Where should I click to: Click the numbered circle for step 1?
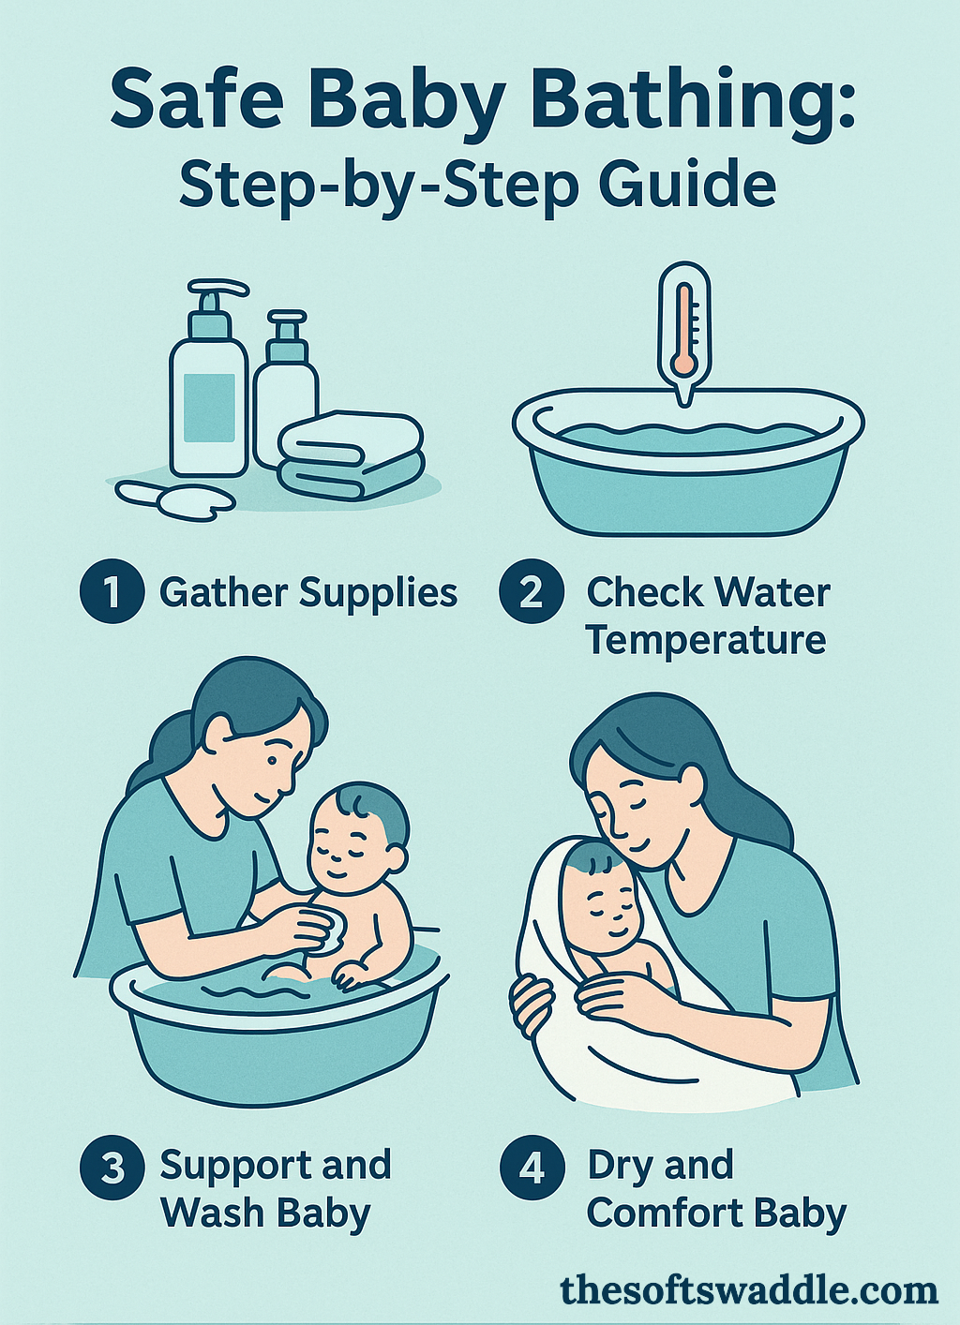[x=112, y=592]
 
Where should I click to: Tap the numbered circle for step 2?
[x=531, y=592]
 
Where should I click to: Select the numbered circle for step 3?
[x=112, y=1167]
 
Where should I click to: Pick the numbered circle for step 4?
[x=532, y=1167]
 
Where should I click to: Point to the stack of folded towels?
[x=352, y=454]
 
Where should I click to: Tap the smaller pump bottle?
[x=285, y=394]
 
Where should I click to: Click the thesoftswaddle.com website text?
[x=748, y=1290]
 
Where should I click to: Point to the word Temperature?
[x=706, y=641]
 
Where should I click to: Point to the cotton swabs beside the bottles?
[x=173, y=497]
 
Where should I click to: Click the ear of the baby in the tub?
[x=395, y=857]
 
